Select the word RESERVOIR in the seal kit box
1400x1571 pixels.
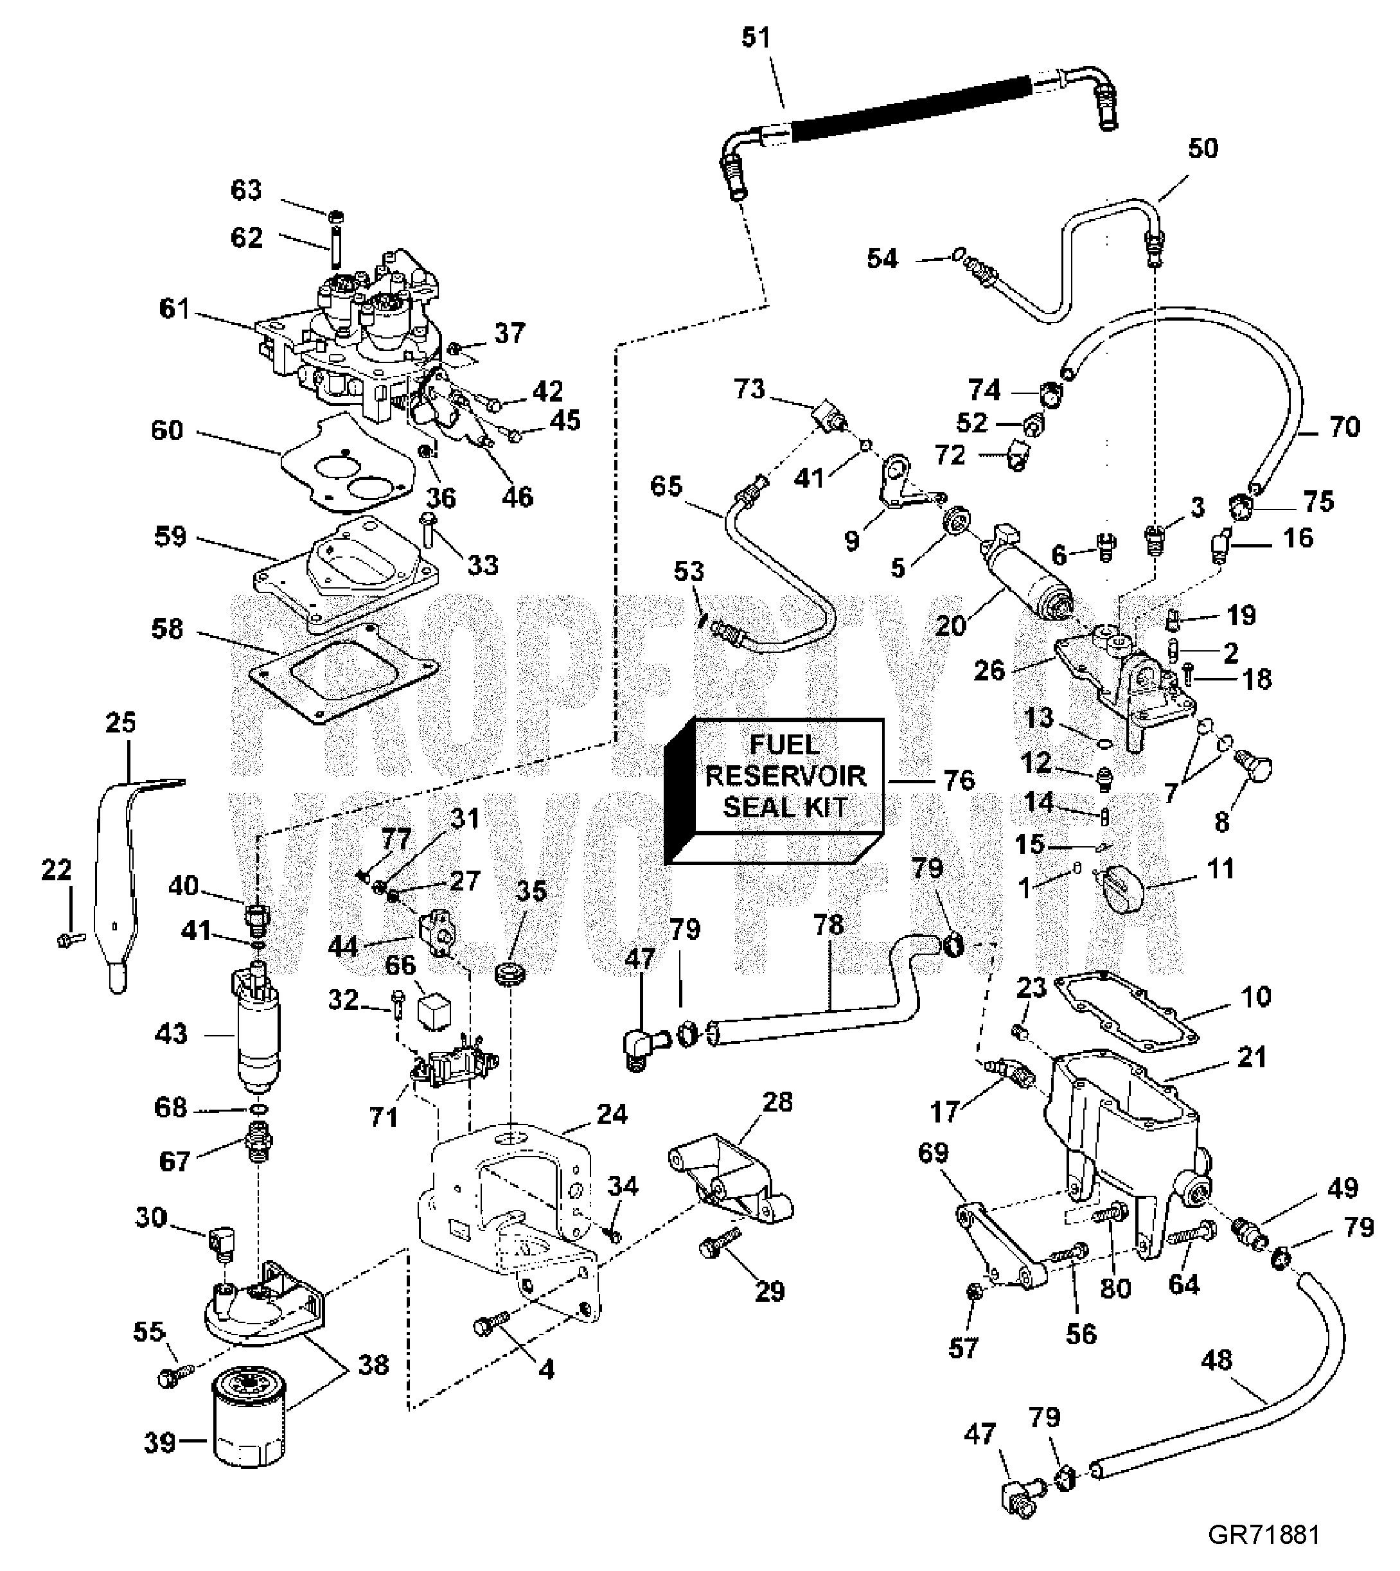785,776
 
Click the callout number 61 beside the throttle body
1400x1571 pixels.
175,309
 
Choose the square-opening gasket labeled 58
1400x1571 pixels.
344,671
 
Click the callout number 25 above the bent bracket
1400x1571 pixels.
121,723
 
